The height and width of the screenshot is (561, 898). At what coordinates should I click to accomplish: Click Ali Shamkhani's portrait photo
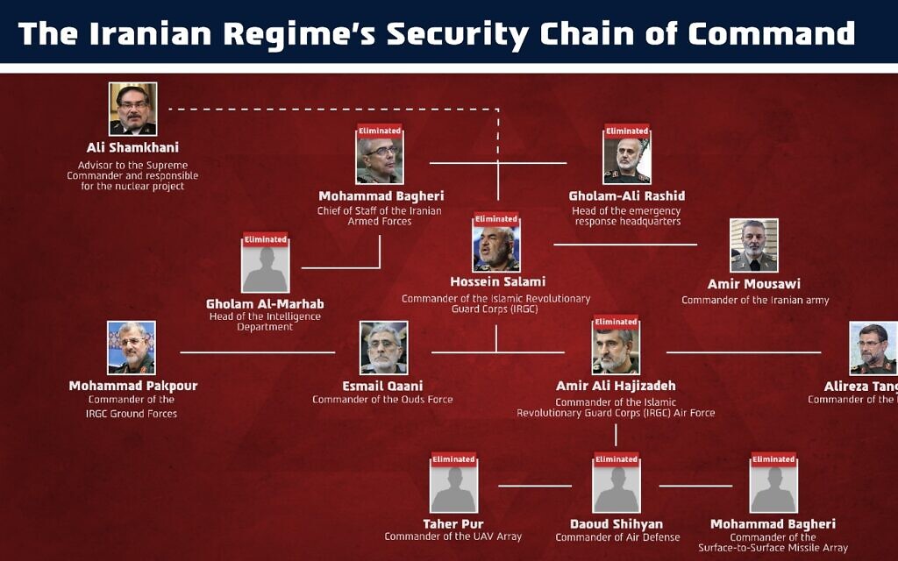coord(132,109)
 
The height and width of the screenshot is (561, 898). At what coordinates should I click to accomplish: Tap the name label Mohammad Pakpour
coord(133,386)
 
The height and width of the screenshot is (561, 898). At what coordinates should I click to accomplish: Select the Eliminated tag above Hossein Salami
coord(496,219)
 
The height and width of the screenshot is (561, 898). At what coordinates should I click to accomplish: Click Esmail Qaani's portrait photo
coord(383,348)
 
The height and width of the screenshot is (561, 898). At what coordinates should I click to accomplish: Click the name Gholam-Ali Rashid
coord(626,195)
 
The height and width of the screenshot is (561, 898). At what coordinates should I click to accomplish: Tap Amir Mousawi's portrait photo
coord(753,245)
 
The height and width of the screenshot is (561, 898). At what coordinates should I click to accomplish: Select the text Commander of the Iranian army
coord(755,300)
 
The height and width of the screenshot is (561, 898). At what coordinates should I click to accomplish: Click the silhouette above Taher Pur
coord(453,488)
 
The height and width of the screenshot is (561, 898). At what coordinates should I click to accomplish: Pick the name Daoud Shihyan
coord(616,524)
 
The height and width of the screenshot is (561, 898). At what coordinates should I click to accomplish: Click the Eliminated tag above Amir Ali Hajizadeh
coord(616,322)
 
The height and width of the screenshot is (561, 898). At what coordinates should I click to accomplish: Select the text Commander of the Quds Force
coord(382,400)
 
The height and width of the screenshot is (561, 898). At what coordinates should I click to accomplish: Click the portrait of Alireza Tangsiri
coord(873,348)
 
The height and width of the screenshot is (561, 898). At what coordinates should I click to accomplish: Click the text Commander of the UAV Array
coord(453,536)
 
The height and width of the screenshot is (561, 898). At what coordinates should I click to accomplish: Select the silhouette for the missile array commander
coord(773,488)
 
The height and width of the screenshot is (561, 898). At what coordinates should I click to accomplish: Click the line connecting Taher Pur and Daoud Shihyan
coord(535,486)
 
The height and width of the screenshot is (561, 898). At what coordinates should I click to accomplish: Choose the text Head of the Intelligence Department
coord(265,322)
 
